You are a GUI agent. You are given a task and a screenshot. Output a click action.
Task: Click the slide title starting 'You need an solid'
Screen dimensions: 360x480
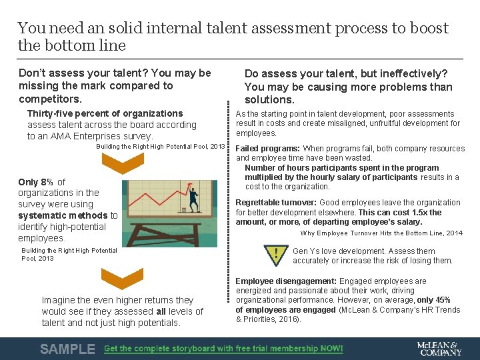point(233,37)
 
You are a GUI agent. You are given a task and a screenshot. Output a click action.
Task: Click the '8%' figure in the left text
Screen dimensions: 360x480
point(47,182)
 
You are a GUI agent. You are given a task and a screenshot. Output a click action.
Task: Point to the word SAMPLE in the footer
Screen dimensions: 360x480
point(67,349)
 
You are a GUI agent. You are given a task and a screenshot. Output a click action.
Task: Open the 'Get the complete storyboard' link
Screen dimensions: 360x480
point(223,349)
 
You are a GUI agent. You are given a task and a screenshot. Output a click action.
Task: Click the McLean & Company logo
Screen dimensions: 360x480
point(438,348)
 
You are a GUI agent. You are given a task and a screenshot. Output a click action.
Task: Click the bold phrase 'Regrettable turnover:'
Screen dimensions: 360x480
point(276,203)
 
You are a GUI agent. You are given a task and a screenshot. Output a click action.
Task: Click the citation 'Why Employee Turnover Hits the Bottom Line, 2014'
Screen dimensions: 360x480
point(381,233)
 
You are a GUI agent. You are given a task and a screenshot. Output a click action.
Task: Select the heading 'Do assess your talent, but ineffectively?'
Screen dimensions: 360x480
point(345,73)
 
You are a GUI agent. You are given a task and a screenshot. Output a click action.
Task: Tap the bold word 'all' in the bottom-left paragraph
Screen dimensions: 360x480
point(161,311)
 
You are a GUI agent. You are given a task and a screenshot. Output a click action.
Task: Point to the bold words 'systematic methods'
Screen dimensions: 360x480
point(63,215)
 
